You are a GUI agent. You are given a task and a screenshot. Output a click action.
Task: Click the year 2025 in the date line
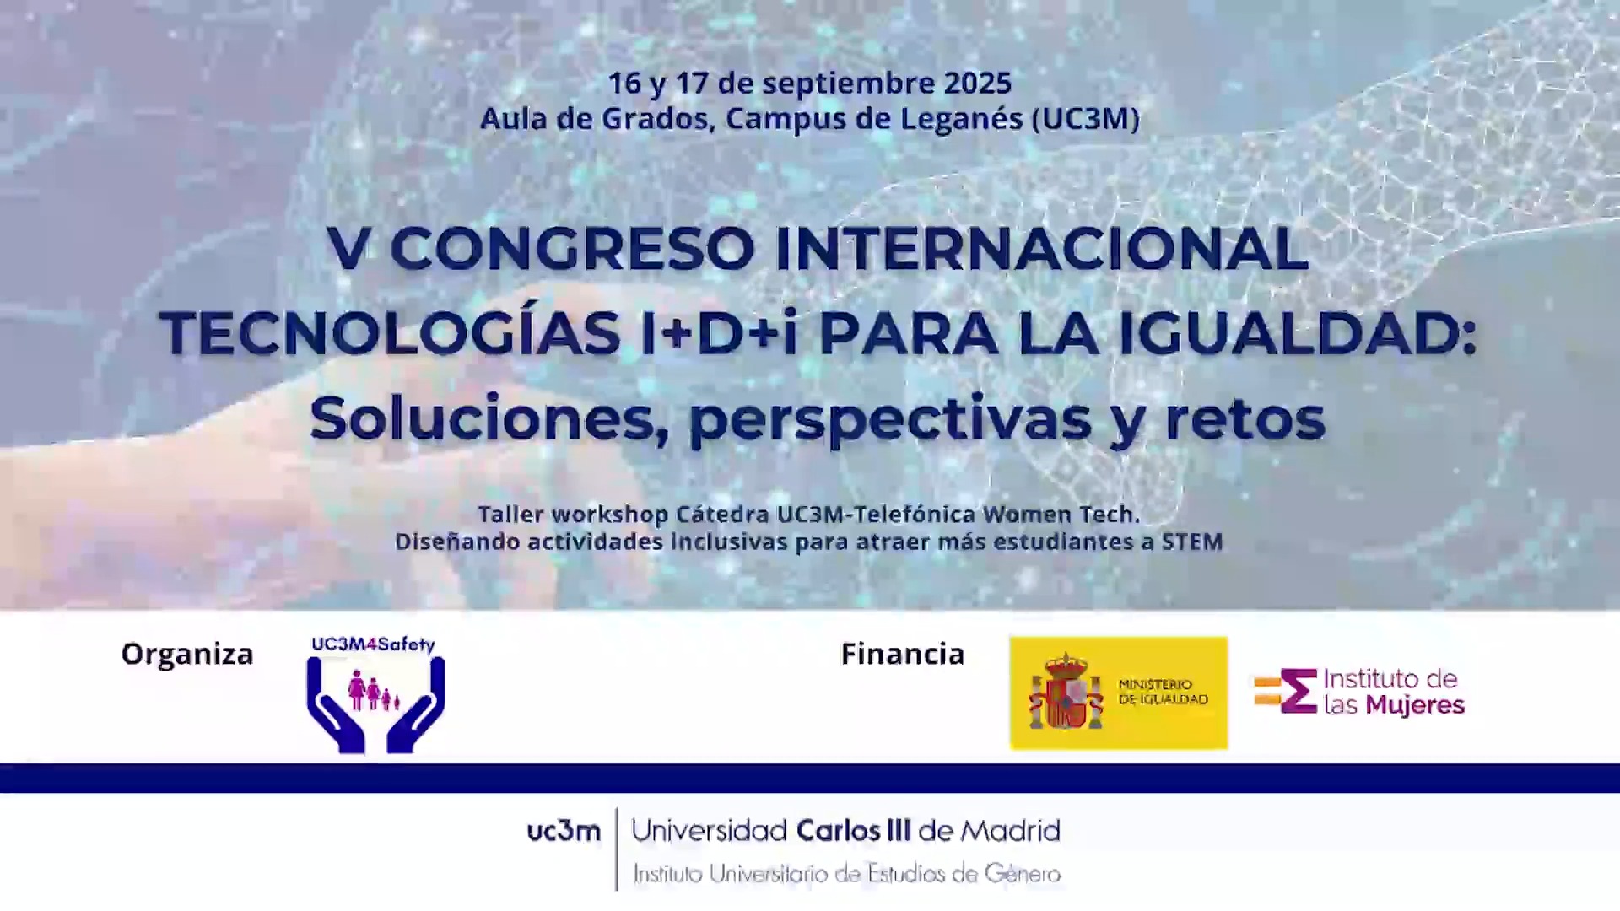coord(977,83)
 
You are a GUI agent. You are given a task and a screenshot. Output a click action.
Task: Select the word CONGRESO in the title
coord(572,249)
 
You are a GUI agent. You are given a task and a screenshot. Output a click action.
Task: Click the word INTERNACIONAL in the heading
coord(1042,249)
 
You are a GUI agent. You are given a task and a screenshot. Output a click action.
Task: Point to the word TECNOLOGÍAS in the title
coord(390,334)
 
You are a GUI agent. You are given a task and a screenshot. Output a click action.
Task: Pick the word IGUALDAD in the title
coord(1289,334)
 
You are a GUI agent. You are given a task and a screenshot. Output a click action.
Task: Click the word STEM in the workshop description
coord(1192,542)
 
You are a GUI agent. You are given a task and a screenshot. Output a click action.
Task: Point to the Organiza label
coord(187,655)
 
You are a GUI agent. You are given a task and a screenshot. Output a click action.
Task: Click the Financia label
coord(903,654)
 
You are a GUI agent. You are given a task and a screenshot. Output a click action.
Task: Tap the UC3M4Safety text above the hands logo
coord(373,645)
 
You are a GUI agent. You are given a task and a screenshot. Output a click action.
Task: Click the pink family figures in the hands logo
coord(374,691)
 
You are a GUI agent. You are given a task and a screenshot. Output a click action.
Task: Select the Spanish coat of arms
coord(1066,692)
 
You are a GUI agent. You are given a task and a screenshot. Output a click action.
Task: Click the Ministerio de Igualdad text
coord(1164,692)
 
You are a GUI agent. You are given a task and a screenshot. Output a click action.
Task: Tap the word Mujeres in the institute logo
coord(1415,705)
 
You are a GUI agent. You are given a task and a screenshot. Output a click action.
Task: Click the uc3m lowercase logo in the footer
coord(564,832)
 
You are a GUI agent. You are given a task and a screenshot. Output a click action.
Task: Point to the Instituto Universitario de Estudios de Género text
coord(847,874)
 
